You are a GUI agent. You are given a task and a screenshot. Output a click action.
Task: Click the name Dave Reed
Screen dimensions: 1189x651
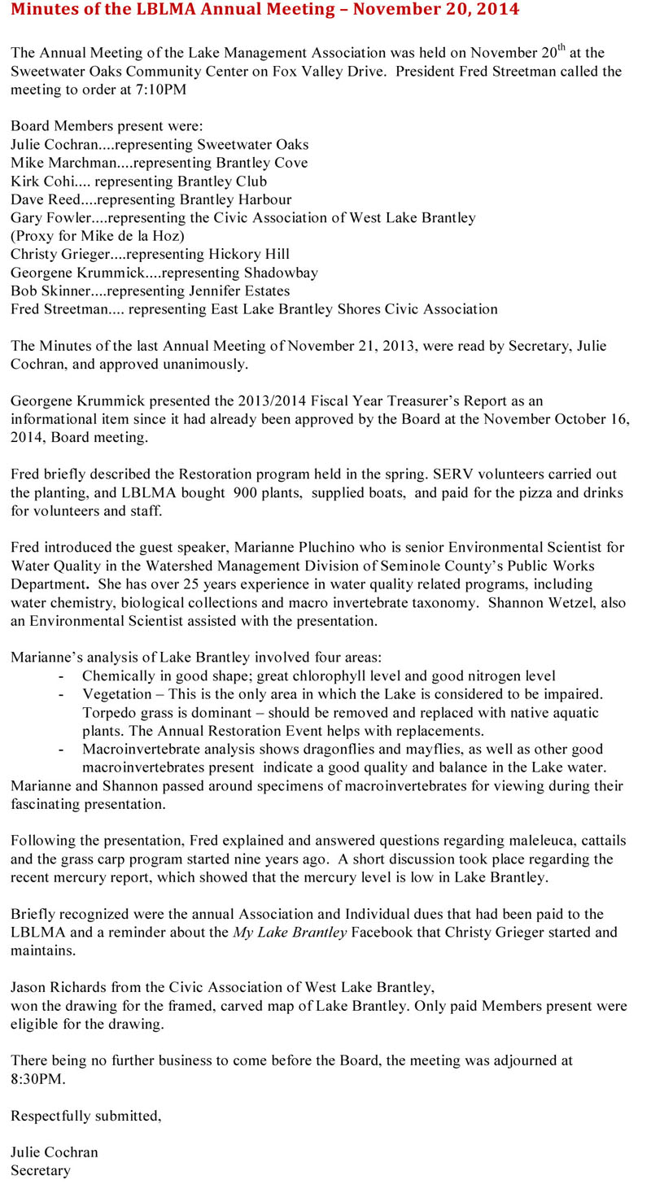click(x=43, y=199)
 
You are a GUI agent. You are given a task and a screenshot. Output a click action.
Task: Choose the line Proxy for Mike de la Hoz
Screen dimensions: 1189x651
click(x=98, y=236)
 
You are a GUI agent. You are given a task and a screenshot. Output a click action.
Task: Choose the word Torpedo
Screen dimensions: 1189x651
click(x=107, y=712)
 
